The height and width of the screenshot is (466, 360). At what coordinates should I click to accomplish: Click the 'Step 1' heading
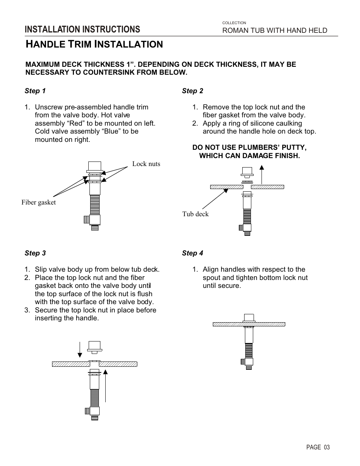click(35, 91)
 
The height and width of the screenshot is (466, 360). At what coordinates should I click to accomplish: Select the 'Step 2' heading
click(192, 91)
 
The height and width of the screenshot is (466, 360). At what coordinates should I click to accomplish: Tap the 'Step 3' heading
click(35, 253)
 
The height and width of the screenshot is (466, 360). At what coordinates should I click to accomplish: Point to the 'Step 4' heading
click(192, 253)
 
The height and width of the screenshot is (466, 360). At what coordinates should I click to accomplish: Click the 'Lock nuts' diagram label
click(146, 164)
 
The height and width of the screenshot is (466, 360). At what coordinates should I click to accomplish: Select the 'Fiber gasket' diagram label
click(38, 202)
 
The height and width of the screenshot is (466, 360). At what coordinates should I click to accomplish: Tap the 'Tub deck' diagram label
click(195, 214)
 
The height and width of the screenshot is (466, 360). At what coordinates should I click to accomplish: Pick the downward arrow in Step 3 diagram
click(80, 349)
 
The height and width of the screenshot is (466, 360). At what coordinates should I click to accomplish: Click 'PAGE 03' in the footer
click(318, 447)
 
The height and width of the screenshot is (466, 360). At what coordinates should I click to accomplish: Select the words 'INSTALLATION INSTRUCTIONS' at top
click(82, 29)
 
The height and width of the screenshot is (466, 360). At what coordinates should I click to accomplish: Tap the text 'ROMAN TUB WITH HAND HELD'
click(274, 31)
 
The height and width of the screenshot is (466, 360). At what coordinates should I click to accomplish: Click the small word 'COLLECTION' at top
click(234, 23)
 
